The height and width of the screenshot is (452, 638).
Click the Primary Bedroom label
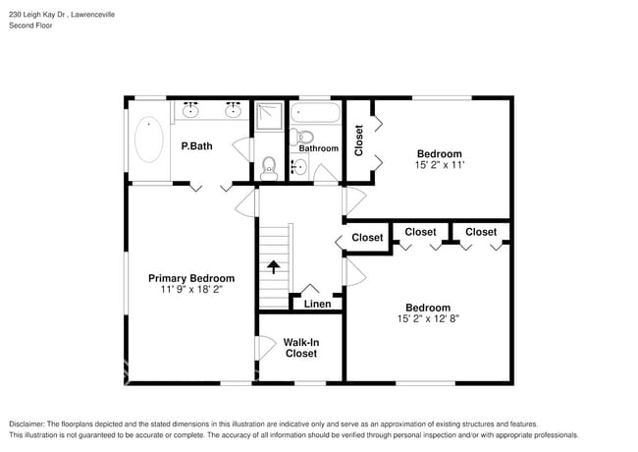[x=191, y=278]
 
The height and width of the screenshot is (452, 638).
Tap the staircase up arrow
[x=274, y=267]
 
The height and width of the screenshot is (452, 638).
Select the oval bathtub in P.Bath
[x=149, y=140]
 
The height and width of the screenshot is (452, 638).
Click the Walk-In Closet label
[x=301, y=348]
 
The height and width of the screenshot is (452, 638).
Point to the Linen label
[x=317, y=304]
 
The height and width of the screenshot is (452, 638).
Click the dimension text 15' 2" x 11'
[x=440, y=165]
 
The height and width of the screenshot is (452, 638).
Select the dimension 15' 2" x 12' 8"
[x=428, y=318]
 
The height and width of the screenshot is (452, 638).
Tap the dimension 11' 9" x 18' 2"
[x=191, y=289]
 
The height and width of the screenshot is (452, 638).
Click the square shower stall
[x=269, y=116]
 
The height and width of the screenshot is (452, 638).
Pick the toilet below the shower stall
[x=269, y=169]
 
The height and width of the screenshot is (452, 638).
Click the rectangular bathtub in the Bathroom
[x=315, y=113]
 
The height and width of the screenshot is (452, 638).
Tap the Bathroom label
[x=319, y=148]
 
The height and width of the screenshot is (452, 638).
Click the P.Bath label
[x=196, y=146]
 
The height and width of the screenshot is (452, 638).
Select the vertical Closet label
[x=358, y=141]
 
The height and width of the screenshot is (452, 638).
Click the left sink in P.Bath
[x=190, y=110]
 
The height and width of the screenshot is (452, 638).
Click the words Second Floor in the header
[x=30, y=26]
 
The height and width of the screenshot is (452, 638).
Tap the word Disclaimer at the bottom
[x=27, y=424]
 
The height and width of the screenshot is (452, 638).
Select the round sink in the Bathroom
[x=299, y=166]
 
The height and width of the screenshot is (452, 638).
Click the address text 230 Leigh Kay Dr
[x=39, y=15]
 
